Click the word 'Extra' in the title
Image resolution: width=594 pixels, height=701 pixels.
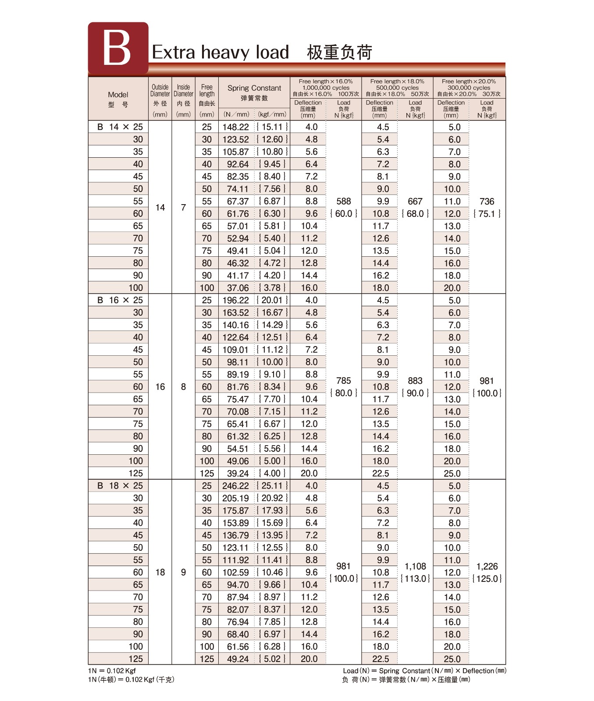click(x=173, y=52)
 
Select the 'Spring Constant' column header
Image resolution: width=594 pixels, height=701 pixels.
click(x=254, y=88)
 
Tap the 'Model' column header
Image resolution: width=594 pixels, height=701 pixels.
click(x=118, y=95)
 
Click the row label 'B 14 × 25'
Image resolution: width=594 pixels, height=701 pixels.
click(x=120, y=127)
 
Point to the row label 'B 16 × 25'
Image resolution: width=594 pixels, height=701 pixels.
click(x=120, y=300)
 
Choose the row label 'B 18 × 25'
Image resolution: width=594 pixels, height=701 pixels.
click(x=120, y=486)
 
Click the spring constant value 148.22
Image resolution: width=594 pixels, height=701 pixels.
click(x=235, y=127)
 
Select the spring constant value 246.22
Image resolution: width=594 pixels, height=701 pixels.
click(x=235, y=486)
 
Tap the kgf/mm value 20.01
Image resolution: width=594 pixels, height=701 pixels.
click(x=272, y=300)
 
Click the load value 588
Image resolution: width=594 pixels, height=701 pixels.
click(x=344, y=202)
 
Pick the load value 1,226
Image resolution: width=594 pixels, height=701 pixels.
click(x=487, y=566)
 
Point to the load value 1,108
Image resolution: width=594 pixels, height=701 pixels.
click(x=415, y=566)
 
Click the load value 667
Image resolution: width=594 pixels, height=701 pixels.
click(x=415, y=202)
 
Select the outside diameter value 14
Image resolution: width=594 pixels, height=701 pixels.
click(x=160, y=208)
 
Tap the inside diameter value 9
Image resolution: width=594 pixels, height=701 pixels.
click(x=183, y=572)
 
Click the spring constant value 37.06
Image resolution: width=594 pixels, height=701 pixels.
click(x=238, y=288)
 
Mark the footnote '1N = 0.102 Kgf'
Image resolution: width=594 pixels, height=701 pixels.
click(x=112, y=671)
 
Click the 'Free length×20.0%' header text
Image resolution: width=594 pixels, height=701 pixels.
click(x=469, y=81)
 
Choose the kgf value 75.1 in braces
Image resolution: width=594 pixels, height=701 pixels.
click(x=487, y=214)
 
